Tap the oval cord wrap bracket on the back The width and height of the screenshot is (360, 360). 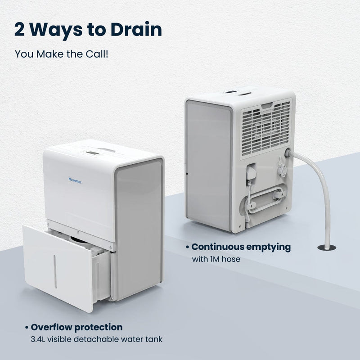point(265,200)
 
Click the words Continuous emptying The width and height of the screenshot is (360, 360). point(241,247)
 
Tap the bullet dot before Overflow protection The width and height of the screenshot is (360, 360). point(27,328)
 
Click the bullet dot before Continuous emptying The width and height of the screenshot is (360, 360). point(188,247)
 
